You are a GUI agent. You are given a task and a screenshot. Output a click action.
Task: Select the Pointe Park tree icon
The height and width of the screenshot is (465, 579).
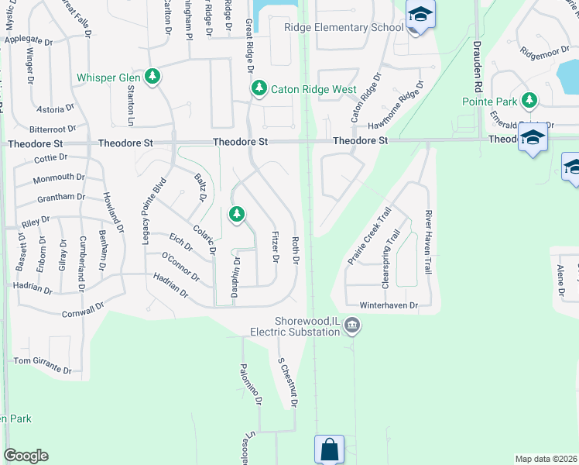click(x=529, y=100)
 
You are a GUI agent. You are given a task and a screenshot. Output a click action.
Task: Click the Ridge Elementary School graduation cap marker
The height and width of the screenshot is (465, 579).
click(x=420, y=15)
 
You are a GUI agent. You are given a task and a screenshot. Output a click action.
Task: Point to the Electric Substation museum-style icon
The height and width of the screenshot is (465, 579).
click(x=352, y=325)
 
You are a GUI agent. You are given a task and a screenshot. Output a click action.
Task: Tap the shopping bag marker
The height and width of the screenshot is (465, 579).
click(x=328, y=448)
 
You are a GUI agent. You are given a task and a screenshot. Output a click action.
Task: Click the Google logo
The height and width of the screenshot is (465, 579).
click(x=25, y=456)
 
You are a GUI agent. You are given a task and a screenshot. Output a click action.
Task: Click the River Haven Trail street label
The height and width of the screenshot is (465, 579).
click(x=427, y=242)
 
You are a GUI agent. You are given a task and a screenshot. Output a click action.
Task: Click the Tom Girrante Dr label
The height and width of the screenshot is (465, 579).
click(x=42, y=361)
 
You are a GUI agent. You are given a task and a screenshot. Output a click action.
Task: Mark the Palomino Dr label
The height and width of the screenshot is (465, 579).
click(x=250, y=385)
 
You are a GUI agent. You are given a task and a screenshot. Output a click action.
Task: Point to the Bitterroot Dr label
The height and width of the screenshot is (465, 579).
click(x=53, y=129)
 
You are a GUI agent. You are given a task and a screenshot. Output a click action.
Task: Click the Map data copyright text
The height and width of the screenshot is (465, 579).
click(x=546, y=459)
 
